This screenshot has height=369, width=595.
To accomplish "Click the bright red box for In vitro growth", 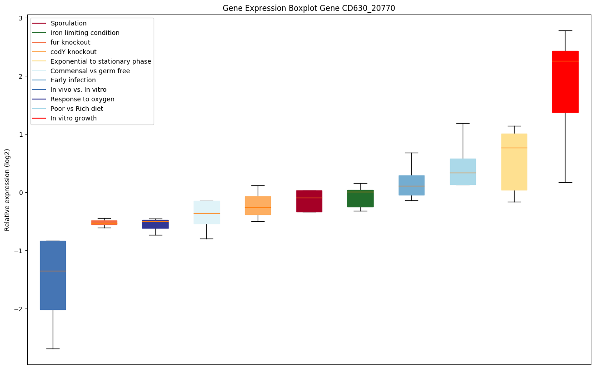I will [x=565, y=82].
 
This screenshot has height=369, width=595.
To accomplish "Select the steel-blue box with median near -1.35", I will [x=53, y=275].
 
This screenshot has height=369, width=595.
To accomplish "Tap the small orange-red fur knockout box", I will [x=104, y=222].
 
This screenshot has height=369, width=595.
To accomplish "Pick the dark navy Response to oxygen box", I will [x=155, y=224].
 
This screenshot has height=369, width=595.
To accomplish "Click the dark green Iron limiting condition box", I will [x=360, y=199].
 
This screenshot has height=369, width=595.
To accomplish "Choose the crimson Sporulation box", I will [x=309, y=201].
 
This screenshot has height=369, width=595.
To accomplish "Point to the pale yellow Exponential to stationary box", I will [x=514, y=162].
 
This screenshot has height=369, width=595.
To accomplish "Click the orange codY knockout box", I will [x=258, y=205].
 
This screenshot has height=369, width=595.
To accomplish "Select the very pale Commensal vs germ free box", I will [x=206, y=212].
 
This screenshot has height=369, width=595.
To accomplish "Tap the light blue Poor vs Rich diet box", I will [x=463, y=171].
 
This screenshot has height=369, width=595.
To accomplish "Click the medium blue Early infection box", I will [x=411, y=185].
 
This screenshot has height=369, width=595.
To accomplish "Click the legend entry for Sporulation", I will [x=69, y=23].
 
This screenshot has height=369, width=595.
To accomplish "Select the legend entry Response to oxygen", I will [x=82, y=99].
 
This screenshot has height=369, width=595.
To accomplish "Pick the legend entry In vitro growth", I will [x=74, y=118].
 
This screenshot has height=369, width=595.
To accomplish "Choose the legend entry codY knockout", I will [x=74, y=52].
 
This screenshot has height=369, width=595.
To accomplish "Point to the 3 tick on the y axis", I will [x=20, y=18].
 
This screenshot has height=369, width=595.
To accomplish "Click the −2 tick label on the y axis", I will [x=19, y=309].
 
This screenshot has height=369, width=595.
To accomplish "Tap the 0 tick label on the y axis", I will [x=20, y=193].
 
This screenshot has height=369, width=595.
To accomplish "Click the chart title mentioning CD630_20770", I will [x=309, y=8].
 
